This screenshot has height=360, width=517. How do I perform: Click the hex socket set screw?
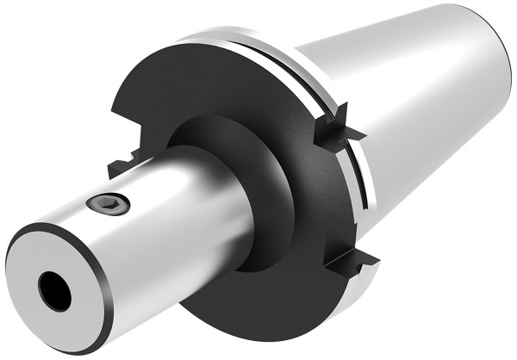pyautogui.click(x=108, y=203)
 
